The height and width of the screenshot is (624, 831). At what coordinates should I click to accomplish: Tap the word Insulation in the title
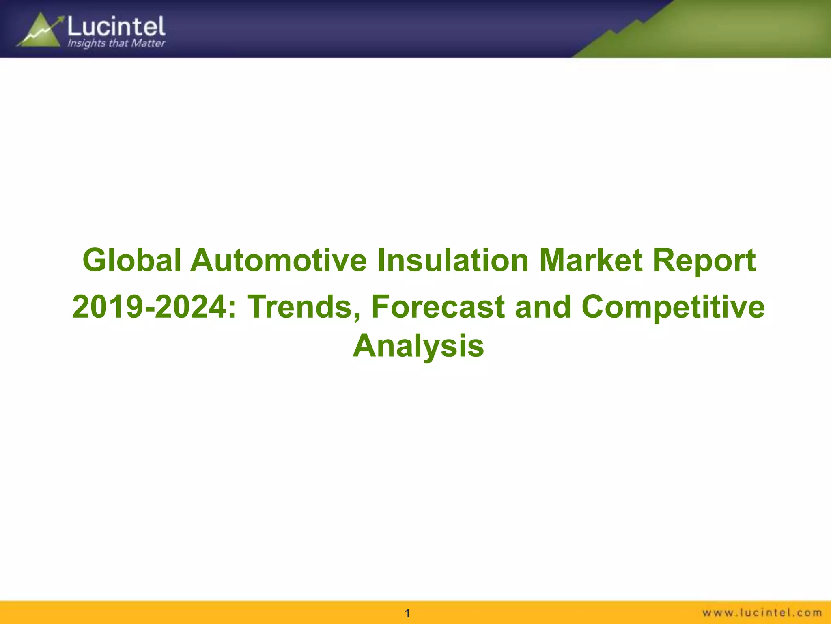tap(453, 260)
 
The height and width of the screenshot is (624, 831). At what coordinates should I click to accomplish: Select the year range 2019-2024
tap(154, 307)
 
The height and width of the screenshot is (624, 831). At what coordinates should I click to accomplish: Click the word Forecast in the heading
tap(437, 307)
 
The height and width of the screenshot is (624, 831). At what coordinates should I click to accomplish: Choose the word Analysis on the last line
tap(418, 346)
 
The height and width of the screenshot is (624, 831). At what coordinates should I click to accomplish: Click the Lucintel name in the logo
tap(116, 26)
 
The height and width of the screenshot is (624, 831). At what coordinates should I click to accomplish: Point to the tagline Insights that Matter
tap(116, 43)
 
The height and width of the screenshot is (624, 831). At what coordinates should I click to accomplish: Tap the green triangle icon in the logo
tap(41, 32)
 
